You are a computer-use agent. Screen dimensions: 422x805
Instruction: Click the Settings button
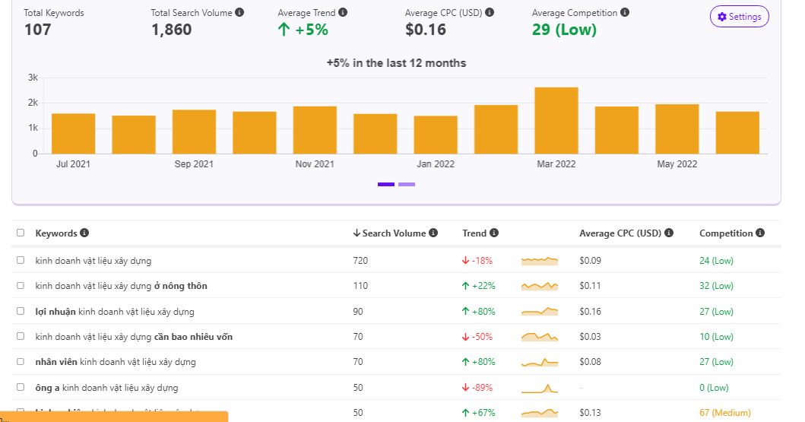tap(739, 17)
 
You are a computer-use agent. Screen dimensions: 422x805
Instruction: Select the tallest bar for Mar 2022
tap(556, 120)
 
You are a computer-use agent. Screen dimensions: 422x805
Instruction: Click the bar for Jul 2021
tap(73, 133)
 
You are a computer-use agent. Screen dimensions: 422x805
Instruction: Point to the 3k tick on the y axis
tap(33, 78)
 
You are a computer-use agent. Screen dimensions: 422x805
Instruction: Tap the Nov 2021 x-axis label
tap(314, 164)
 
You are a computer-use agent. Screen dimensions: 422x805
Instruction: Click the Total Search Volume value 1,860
tap(171, 30)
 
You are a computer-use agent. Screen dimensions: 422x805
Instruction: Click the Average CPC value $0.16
tap(426, 30)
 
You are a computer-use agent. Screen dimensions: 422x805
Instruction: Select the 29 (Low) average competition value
tap(564, 30)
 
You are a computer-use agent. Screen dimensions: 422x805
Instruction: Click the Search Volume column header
tap(395, 233)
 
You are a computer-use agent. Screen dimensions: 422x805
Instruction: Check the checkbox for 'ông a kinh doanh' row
tap(21, 387)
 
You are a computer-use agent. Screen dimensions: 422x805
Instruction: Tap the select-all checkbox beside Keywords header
tap(21, 233)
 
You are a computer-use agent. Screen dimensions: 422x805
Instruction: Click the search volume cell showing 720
tap(360, 261)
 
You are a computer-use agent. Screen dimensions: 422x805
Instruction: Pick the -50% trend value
tap(477, 337)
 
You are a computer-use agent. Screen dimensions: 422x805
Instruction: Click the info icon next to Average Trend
tap(343, 13)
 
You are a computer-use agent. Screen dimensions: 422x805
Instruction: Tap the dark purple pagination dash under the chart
tap(386, 184)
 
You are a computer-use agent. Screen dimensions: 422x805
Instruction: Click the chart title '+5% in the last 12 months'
tap(396, 63)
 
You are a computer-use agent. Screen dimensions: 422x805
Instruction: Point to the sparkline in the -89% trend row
tap(540, 388)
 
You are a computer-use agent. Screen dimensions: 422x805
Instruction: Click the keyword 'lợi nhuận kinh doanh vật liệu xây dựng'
tap(115, 312)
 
